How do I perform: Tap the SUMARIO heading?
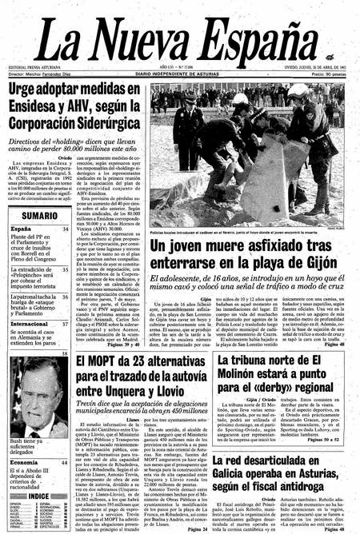tap(38, 216)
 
